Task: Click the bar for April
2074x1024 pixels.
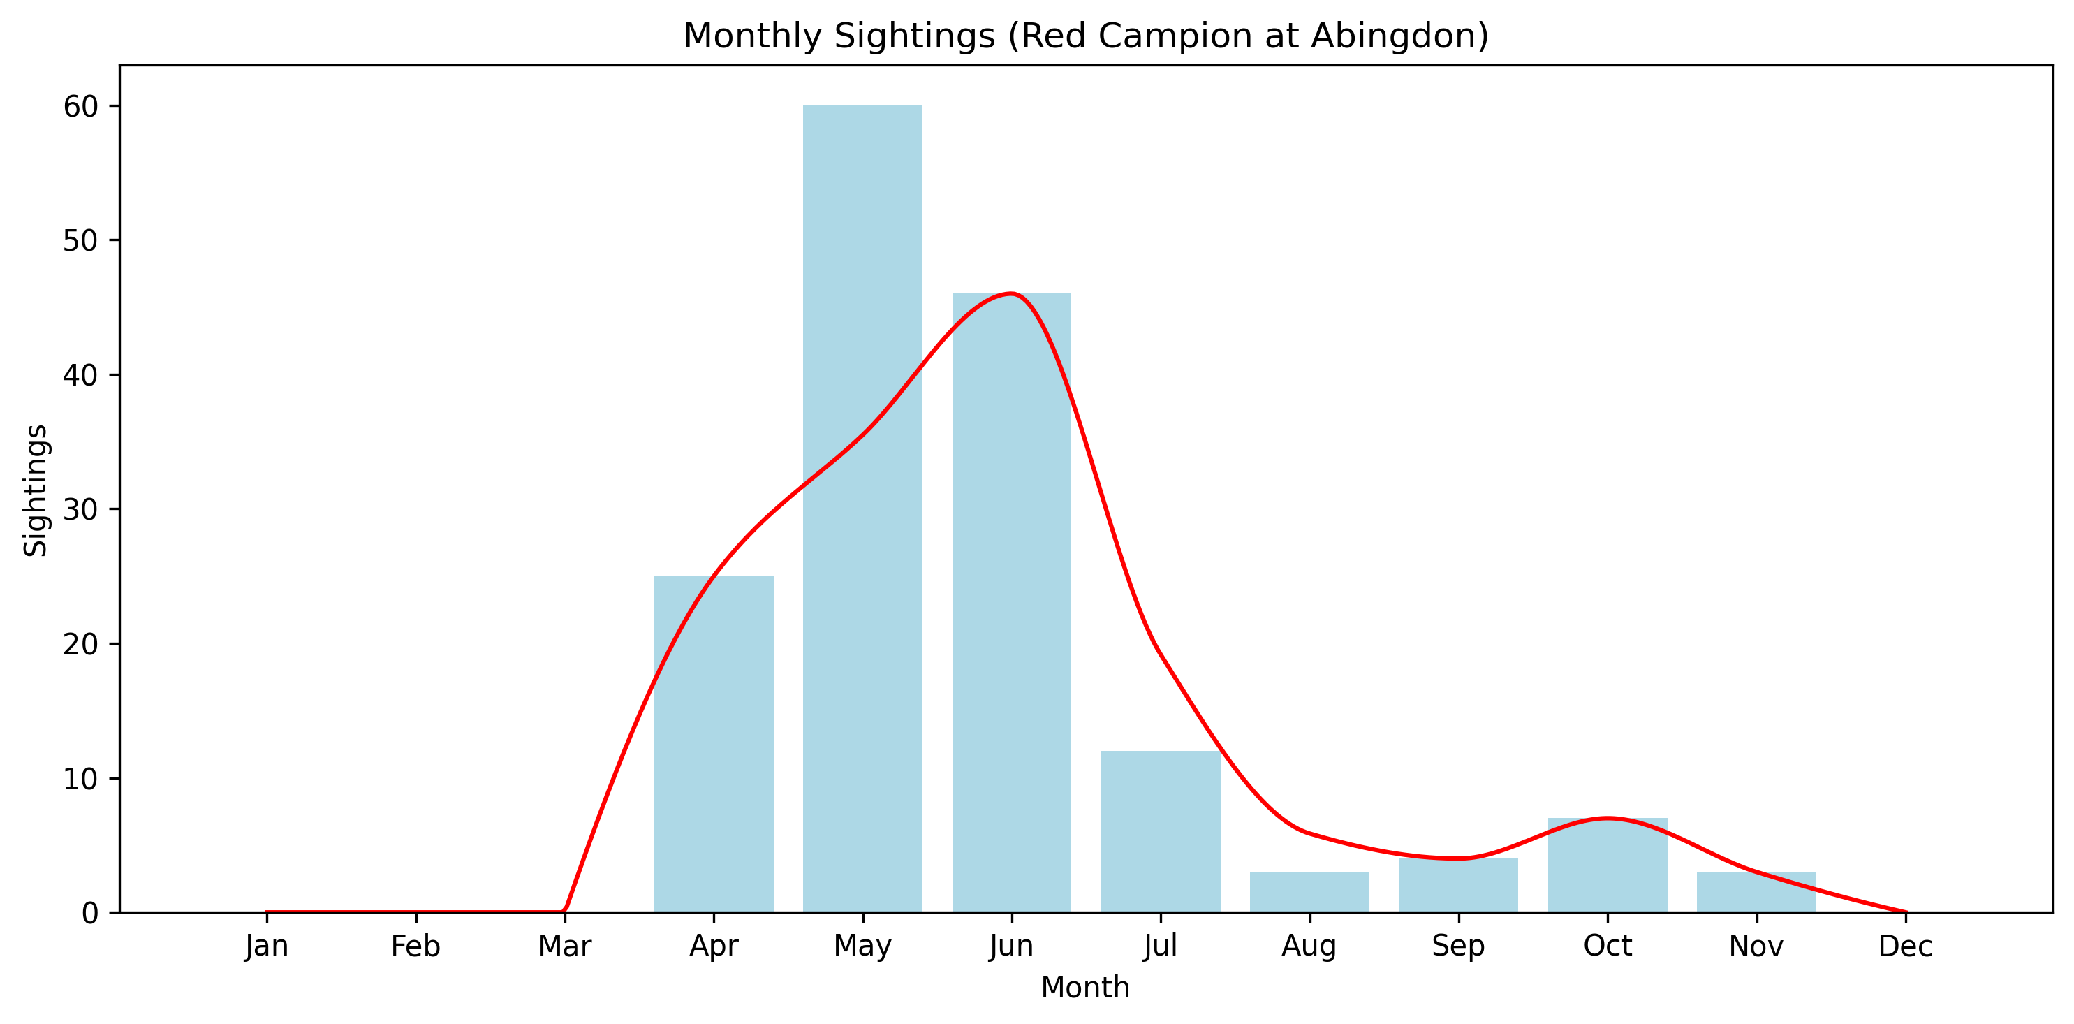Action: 714,745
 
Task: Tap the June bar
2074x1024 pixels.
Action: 1011,604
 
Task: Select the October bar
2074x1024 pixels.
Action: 1607,865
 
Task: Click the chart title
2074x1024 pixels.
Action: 1085,36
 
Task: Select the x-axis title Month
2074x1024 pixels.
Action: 1085,987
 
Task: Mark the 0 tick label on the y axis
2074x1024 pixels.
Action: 89,913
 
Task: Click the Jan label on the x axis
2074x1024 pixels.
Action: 267,946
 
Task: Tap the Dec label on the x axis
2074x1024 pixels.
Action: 1905,946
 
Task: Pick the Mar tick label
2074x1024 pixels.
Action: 564,946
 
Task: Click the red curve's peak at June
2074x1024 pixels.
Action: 1011,294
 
